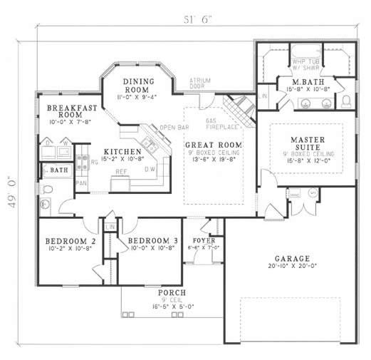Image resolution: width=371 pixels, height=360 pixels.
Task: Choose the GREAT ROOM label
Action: point(213,145)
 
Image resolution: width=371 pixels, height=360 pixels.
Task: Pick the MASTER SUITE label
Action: point(308,143)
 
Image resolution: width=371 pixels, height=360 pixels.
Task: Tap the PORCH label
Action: point(172,293)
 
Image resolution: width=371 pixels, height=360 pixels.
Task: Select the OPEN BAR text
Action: point(173,128)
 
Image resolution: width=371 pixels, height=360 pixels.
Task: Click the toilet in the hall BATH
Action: point(48,190)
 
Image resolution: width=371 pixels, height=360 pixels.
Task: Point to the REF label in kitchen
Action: point(122,171)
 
